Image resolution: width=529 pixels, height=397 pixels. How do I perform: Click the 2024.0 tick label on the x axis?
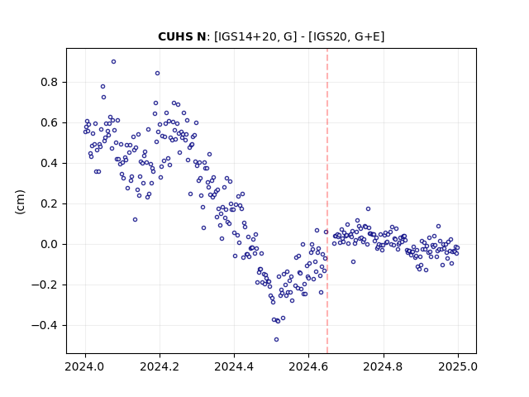point(85,366)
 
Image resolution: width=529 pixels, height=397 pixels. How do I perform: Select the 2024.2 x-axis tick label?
point(160,366)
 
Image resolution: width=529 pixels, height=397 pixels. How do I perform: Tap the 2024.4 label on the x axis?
point(234,366)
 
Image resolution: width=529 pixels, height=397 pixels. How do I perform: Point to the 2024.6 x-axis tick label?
point(308,366)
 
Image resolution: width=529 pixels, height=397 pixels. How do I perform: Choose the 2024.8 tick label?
point(384,366)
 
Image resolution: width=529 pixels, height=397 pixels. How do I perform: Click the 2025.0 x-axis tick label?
point(458,366)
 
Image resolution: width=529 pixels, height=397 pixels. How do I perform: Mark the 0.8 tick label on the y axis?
point(50,83)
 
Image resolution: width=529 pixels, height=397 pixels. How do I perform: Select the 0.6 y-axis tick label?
point(50,123)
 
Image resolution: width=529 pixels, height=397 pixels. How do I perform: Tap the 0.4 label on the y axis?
point(50,164)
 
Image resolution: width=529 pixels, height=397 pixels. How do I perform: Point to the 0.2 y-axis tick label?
point(50,204)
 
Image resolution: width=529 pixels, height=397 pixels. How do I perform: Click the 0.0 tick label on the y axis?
point(50,245)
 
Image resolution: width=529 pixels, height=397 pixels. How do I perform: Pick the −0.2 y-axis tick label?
point(45,285)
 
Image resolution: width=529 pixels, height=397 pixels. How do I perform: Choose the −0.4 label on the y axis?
point(45,325)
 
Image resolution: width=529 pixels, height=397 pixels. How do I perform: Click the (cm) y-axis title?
point(20,202)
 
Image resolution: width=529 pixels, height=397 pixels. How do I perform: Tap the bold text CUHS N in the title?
point(182,36)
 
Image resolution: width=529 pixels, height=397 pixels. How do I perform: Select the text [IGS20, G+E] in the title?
point(349,36)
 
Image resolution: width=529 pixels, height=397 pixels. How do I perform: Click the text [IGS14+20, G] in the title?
point(255,36)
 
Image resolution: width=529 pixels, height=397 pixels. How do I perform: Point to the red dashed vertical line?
point(327,201)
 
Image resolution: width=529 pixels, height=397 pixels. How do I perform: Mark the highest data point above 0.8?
point(114,61)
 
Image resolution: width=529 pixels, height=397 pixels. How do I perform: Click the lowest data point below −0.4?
point(276,339)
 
